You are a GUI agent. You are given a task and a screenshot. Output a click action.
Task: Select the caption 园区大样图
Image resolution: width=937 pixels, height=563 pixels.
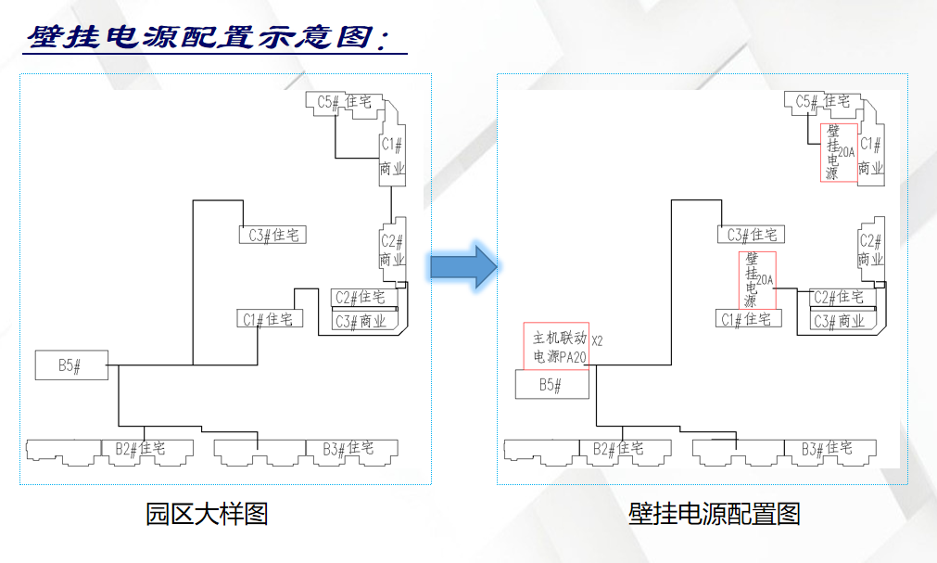(x=207, y=513)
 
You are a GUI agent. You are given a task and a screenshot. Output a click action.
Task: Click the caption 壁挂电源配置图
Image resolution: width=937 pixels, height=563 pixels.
(x=714, y=513)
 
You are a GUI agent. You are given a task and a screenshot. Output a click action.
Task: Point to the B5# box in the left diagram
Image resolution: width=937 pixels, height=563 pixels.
(x=71, y=365)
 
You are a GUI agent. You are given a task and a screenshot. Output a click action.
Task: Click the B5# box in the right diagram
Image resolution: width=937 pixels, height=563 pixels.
(x=551, y=385)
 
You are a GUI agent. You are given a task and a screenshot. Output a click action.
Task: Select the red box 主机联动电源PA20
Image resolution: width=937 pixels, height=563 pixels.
(x=556, y=346)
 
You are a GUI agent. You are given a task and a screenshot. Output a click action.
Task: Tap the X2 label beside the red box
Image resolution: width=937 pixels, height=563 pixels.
(x=597, y=340)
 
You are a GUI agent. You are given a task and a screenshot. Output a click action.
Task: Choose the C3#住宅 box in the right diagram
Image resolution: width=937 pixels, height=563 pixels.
(x=751, y=235)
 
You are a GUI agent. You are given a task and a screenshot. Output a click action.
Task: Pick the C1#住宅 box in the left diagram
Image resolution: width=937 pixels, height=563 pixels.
(x=269, y=319)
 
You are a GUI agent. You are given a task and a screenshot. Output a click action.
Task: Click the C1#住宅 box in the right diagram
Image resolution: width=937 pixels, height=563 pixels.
(x=749, y=319)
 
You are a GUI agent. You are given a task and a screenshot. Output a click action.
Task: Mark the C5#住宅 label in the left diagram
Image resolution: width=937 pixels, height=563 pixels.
(x=345, y=102)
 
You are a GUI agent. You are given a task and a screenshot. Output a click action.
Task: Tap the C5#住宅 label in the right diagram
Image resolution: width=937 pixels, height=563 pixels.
(x=823, y=102)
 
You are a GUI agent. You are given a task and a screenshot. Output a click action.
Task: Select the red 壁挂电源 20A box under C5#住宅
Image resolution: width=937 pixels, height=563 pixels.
(x=838, y=152)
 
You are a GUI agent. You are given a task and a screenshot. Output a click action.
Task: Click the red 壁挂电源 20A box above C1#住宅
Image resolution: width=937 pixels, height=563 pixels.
(x=756, y=279)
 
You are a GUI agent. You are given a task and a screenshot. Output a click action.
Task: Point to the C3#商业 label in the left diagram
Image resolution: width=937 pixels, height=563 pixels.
(x=361, y=321)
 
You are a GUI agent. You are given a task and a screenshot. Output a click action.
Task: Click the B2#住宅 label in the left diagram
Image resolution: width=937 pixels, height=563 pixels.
(x=140, y=449)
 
